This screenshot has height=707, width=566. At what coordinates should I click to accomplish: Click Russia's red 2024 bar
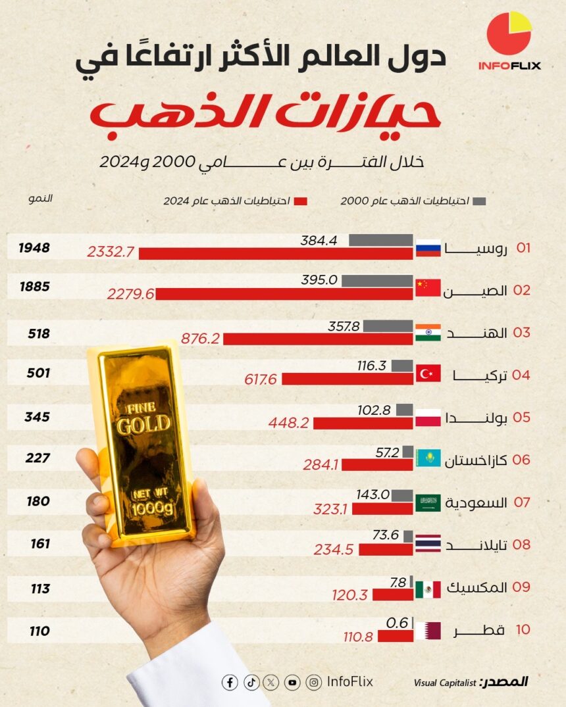point(276,254)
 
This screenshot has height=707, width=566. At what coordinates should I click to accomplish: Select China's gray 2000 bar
point(377,281)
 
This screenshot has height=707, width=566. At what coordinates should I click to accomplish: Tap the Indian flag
point(428,332)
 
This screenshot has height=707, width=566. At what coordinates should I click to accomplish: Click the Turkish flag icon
point(428,374)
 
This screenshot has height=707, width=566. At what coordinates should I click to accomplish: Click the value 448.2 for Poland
point(288,423)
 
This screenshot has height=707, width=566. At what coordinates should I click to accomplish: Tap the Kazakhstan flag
point(428,458)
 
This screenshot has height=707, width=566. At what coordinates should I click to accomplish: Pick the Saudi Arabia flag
point(428,502)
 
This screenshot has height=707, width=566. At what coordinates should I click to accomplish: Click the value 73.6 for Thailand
point(386,535)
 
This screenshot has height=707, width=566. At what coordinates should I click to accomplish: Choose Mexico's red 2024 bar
point(392,595)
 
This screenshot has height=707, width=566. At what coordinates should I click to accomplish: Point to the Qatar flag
point(428,631)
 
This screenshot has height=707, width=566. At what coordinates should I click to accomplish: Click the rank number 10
point(523,629)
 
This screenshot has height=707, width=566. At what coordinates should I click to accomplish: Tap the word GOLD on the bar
point(143,424)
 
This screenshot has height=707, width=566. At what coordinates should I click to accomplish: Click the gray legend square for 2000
point(479,201)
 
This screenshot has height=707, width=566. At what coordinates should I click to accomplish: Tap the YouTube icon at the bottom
point(292,683)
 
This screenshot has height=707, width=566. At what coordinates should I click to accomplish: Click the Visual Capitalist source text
point(445,683)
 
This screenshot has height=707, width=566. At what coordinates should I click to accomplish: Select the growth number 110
point(39,631)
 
